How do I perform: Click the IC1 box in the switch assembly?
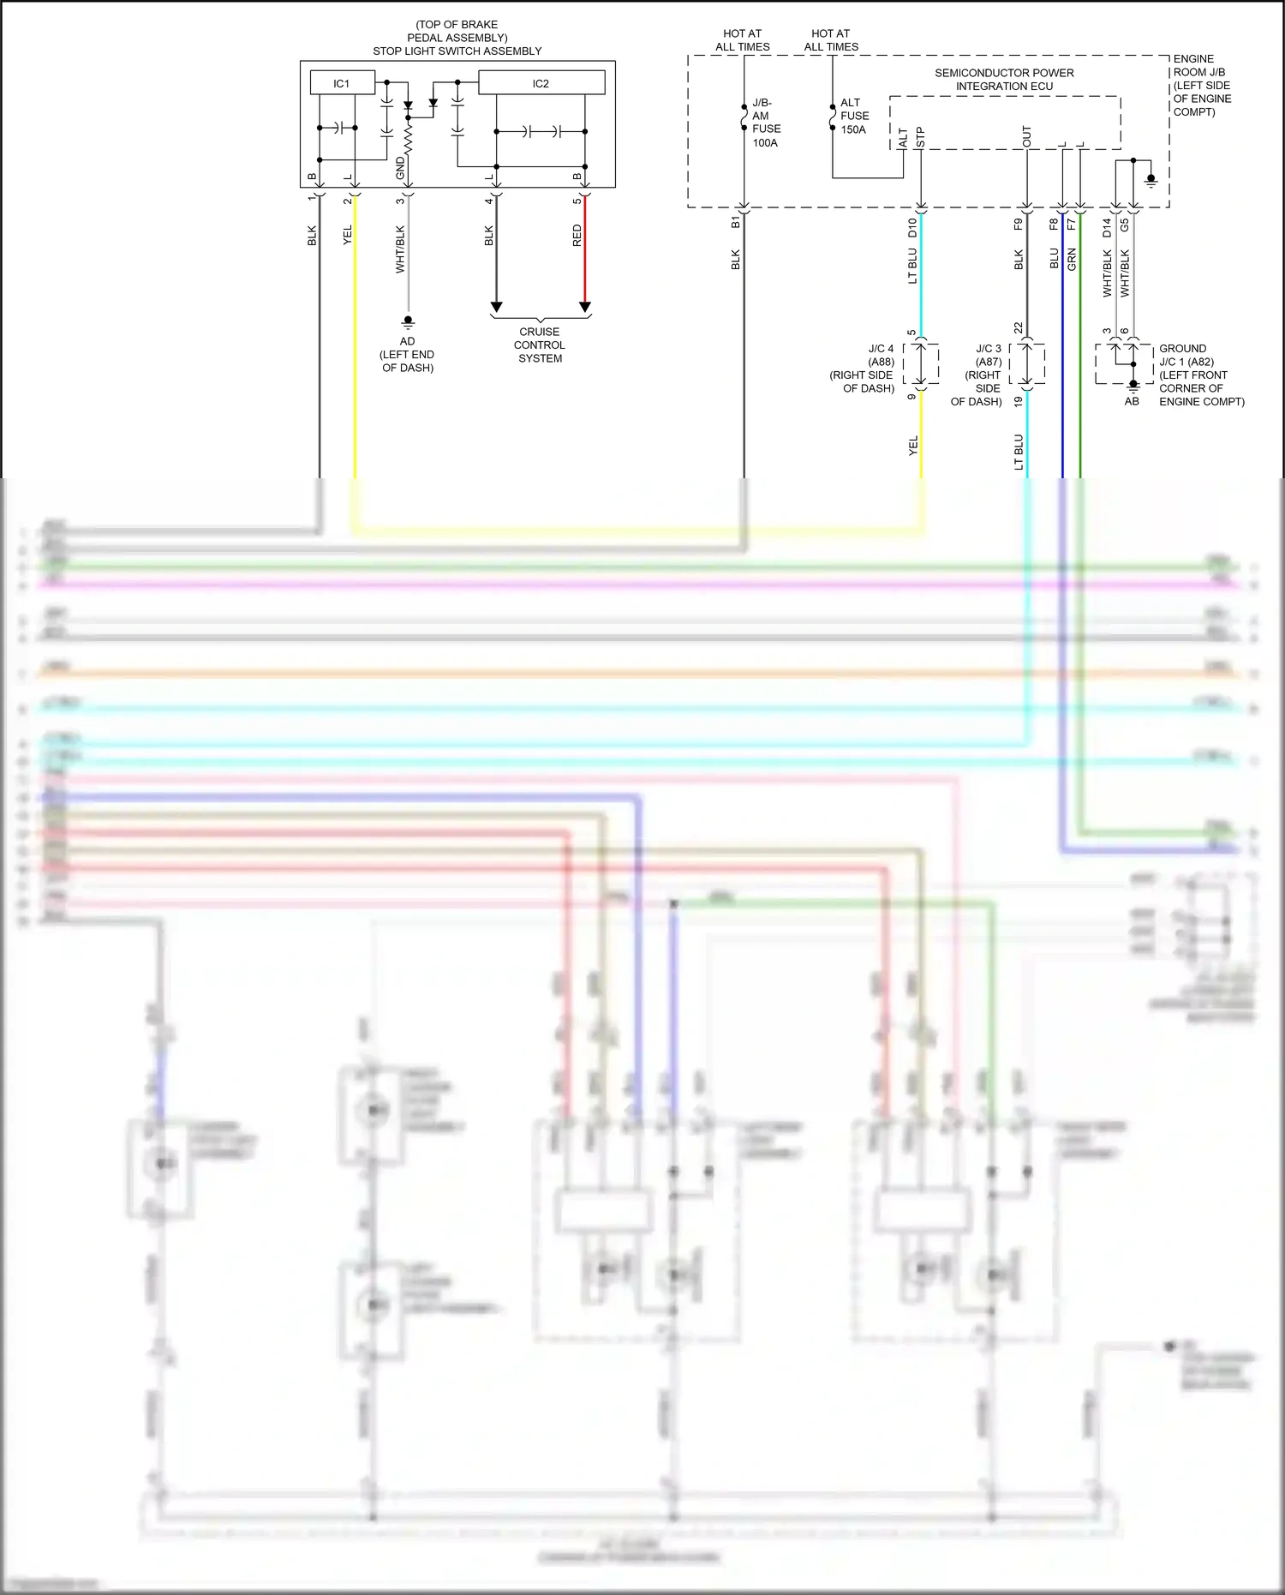(x=342, y=83)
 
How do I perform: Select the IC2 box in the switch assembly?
(x=541, y=83)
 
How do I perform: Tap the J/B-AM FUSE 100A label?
(x=766, y=123)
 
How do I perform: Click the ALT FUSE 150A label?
(x=854, y=116)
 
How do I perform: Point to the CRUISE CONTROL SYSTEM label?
(x=540, y=345)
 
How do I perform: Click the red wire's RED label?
(x=577, y=236)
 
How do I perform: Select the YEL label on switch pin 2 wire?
(x=347, y=236)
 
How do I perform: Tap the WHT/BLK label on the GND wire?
(x=400, y=249)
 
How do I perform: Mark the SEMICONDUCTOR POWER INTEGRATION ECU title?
(x=1004, y=80)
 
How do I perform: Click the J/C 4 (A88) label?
(x=881, y=355)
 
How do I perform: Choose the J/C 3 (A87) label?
(x=988, y=355)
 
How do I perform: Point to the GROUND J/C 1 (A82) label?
(x=1186, y=355)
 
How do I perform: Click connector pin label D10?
(x=912, y=227)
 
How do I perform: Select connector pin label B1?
(x=735, y=222)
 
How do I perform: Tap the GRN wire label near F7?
(x=1072, y=259)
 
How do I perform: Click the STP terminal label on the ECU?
(x=920, y=137)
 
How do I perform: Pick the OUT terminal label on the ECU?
(x=1026, y=136)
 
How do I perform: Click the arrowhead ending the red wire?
(x=585, y=307)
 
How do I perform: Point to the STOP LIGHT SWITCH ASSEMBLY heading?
(x=457, y=51)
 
